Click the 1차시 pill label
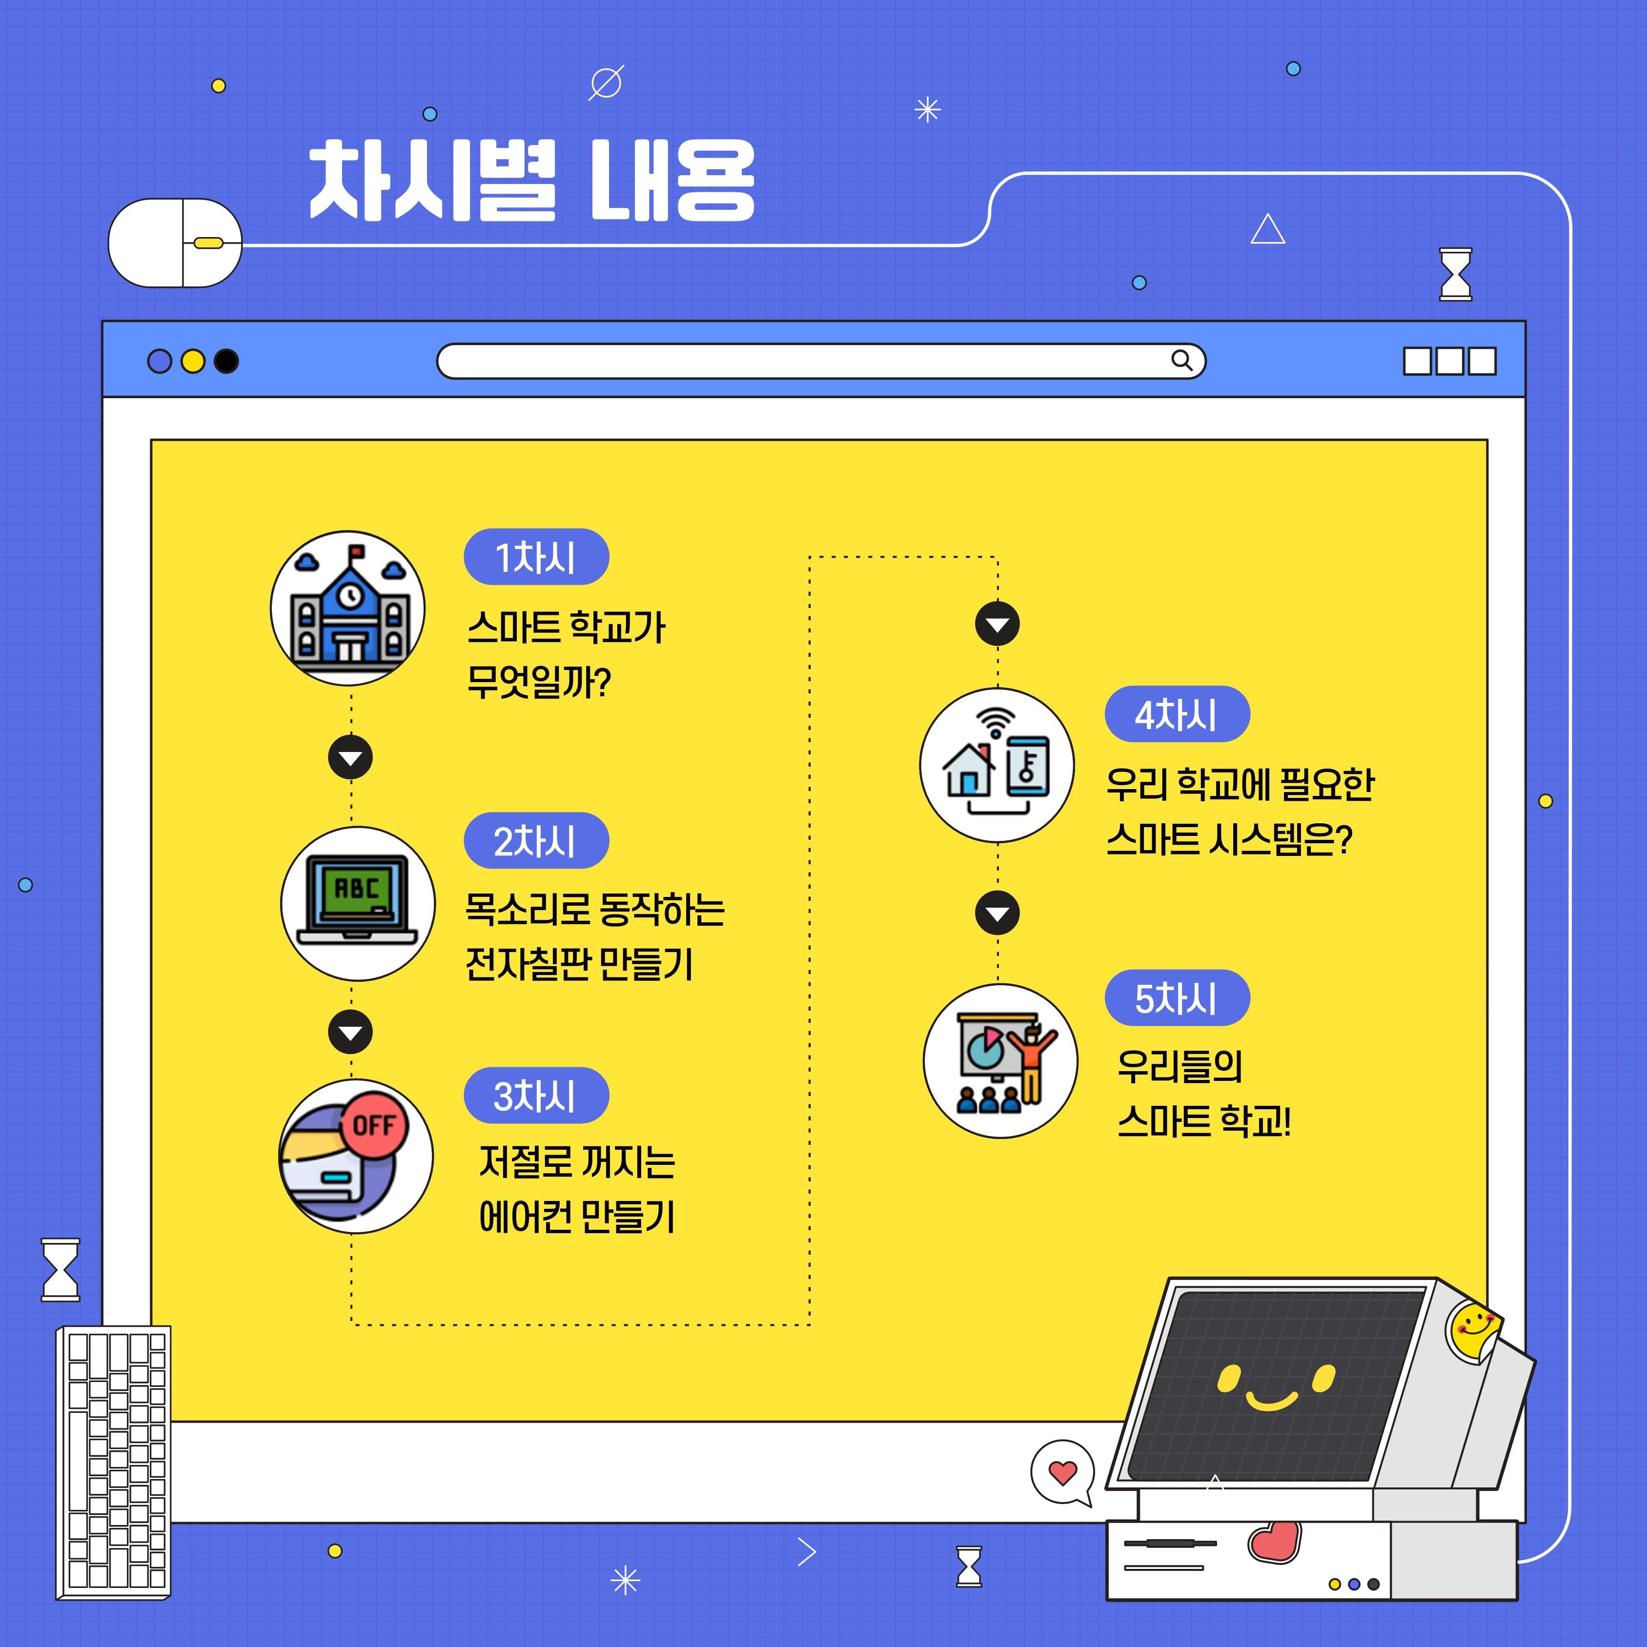(x=536, y=557)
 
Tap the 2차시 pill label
(x=536, y=840)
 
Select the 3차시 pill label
(x=536, y=1096)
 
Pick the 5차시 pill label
(x=1177, y=998)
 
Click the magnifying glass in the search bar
(x=1181, y=361)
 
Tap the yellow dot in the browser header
(x=193, y=362)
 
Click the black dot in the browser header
(x=226, y=362)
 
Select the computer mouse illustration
(x=175, y=243)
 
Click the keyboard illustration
(x=113, y=1463)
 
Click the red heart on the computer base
(x=1275, y=1541)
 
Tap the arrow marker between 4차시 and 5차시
(x=997, y=913)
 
